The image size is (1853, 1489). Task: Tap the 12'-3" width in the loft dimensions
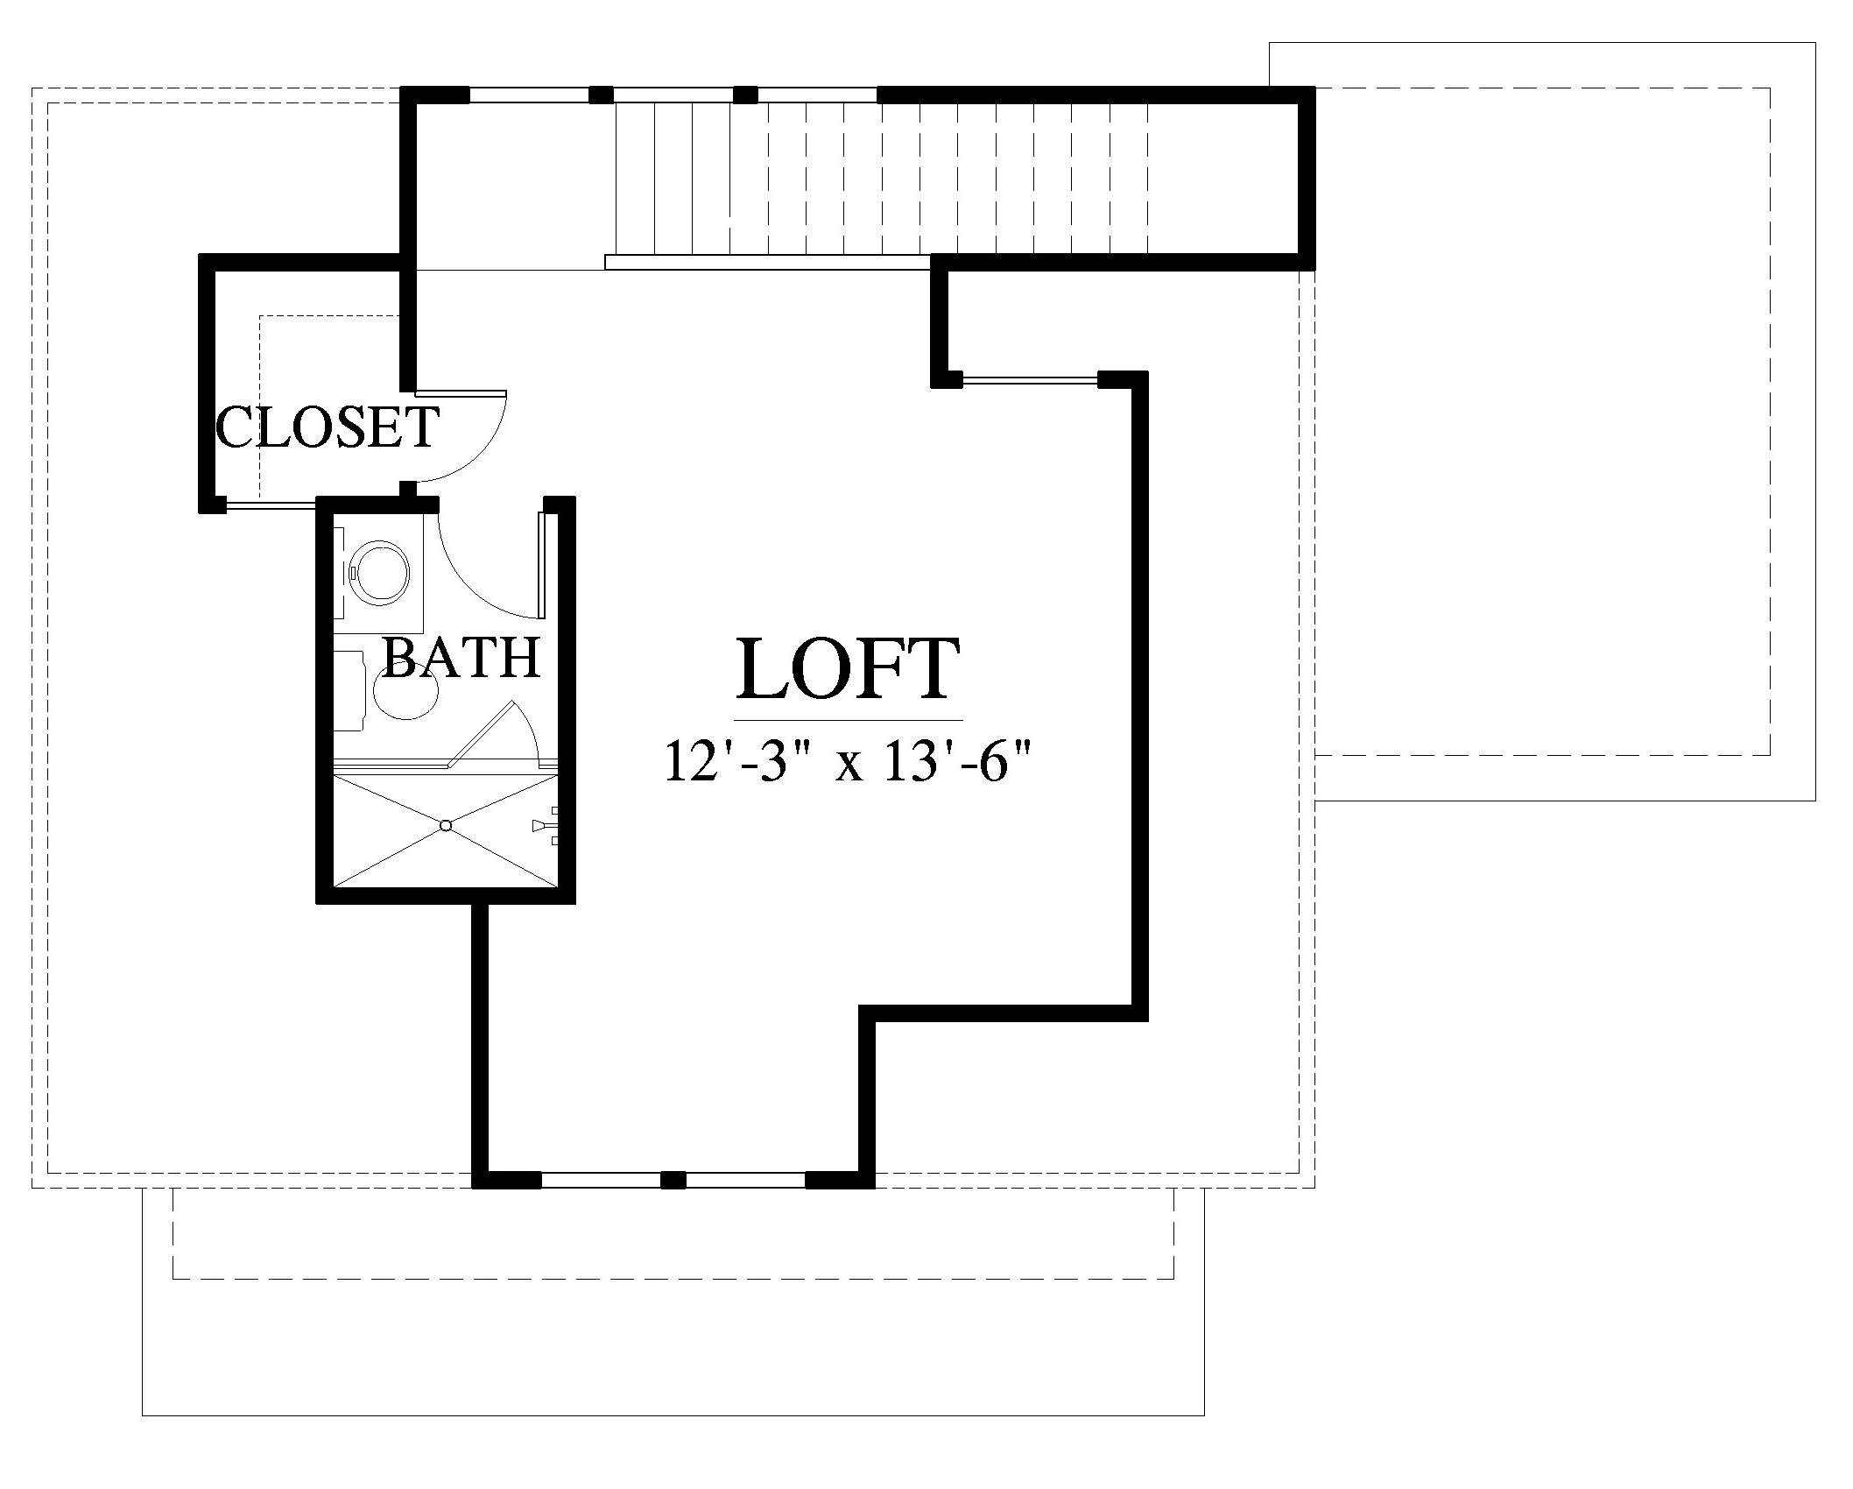tap(742, 760)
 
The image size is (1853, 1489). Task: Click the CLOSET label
tap(327, 427)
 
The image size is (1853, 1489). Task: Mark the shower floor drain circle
tap(446, 825)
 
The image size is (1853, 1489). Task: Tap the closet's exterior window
tap(270, 505)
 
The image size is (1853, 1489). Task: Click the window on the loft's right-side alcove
tap(1030, 380)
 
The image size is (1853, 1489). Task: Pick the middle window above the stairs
tap(673, 94)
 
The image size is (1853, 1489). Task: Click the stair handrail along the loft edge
tap(768, 262)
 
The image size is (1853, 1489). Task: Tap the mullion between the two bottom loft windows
tap(673, 1180)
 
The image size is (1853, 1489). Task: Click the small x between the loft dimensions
tap(849, 766)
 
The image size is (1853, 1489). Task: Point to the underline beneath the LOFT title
tap(849, 719)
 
